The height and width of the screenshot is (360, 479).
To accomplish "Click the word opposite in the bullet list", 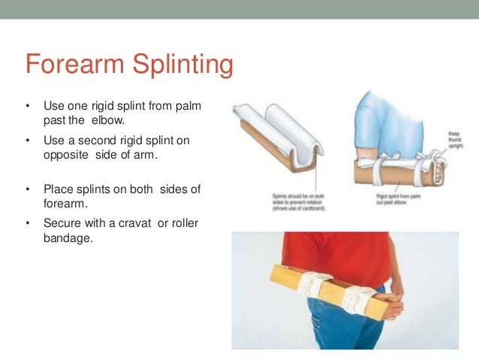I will tap(64, 154).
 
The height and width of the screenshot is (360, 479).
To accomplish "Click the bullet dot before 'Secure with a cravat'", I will tap(27, 225).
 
